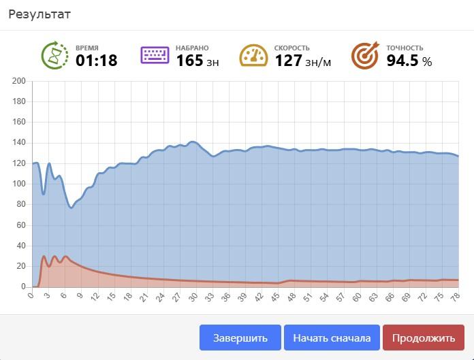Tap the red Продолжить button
coord(423,338)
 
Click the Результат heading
coord(39,14)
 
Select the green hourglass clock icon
coord(54,55)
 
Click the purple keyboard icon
coord(155,55)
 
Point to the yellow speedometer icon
coord(253,56)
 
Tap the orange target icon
coord(365,56)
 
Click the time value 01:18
coord(96,61)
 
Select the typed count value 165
coord(189,61)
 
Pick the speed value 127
coord(288,61)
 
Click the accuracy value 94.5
coord(402,61)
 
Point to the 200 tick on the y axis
coord(19,82)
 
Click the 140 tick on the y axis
coord(19,143)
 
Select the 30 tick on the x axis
coord(193,297)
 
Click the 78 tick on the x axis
coord(456,297)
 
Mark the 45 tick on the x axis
coord(275,297)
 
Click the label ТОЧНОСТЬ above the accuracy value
coord(405,48)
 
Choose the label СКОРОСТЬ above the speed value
coord(292,48)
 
